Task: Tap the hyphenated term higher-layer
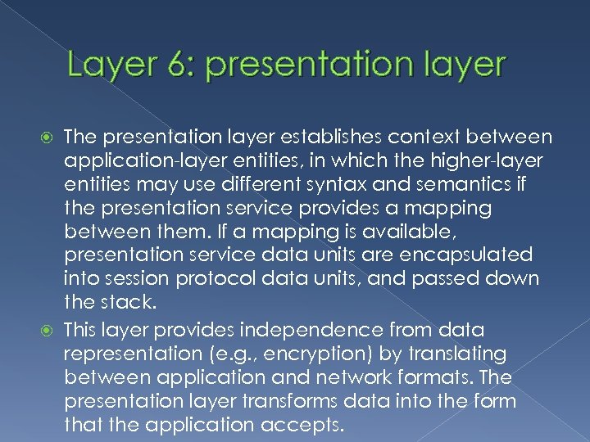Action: point(492,160)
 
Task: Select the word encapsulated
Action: point(470,255)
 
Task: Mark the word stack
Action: point(126,302)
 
